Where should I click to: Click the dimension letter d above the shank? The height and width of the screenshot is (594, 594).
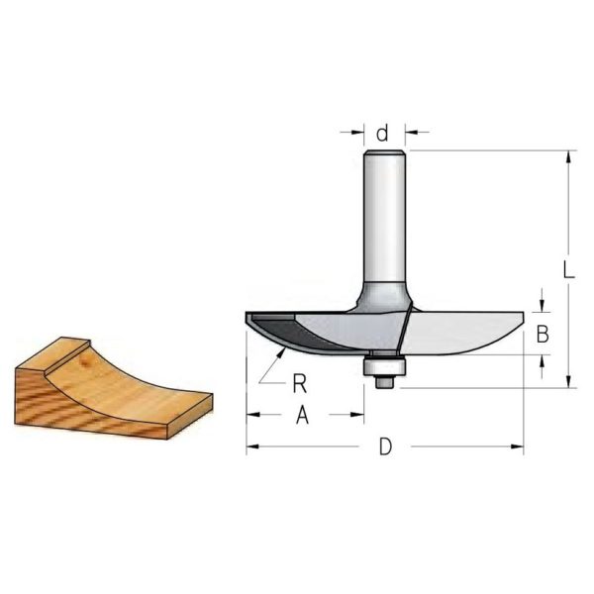383,134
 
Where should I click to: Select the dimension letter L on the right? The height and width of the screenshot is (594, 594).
568,270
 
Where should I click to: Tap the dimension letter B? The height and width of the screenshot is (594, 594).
543,335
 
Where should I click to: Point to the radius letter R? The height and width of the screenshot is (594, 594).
300,384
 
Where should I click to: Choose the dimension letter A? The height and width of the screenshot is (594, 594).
302,415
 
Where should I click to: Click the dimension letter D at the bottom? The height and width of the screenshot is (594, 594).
385,447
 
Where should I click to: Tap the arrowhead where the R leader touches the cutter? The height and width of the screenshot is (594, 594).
281,351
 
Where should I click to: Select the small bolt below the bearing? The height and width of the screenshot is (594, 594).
384,381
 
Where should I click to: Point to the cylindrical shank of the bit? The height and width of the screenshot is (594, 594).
384,218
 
